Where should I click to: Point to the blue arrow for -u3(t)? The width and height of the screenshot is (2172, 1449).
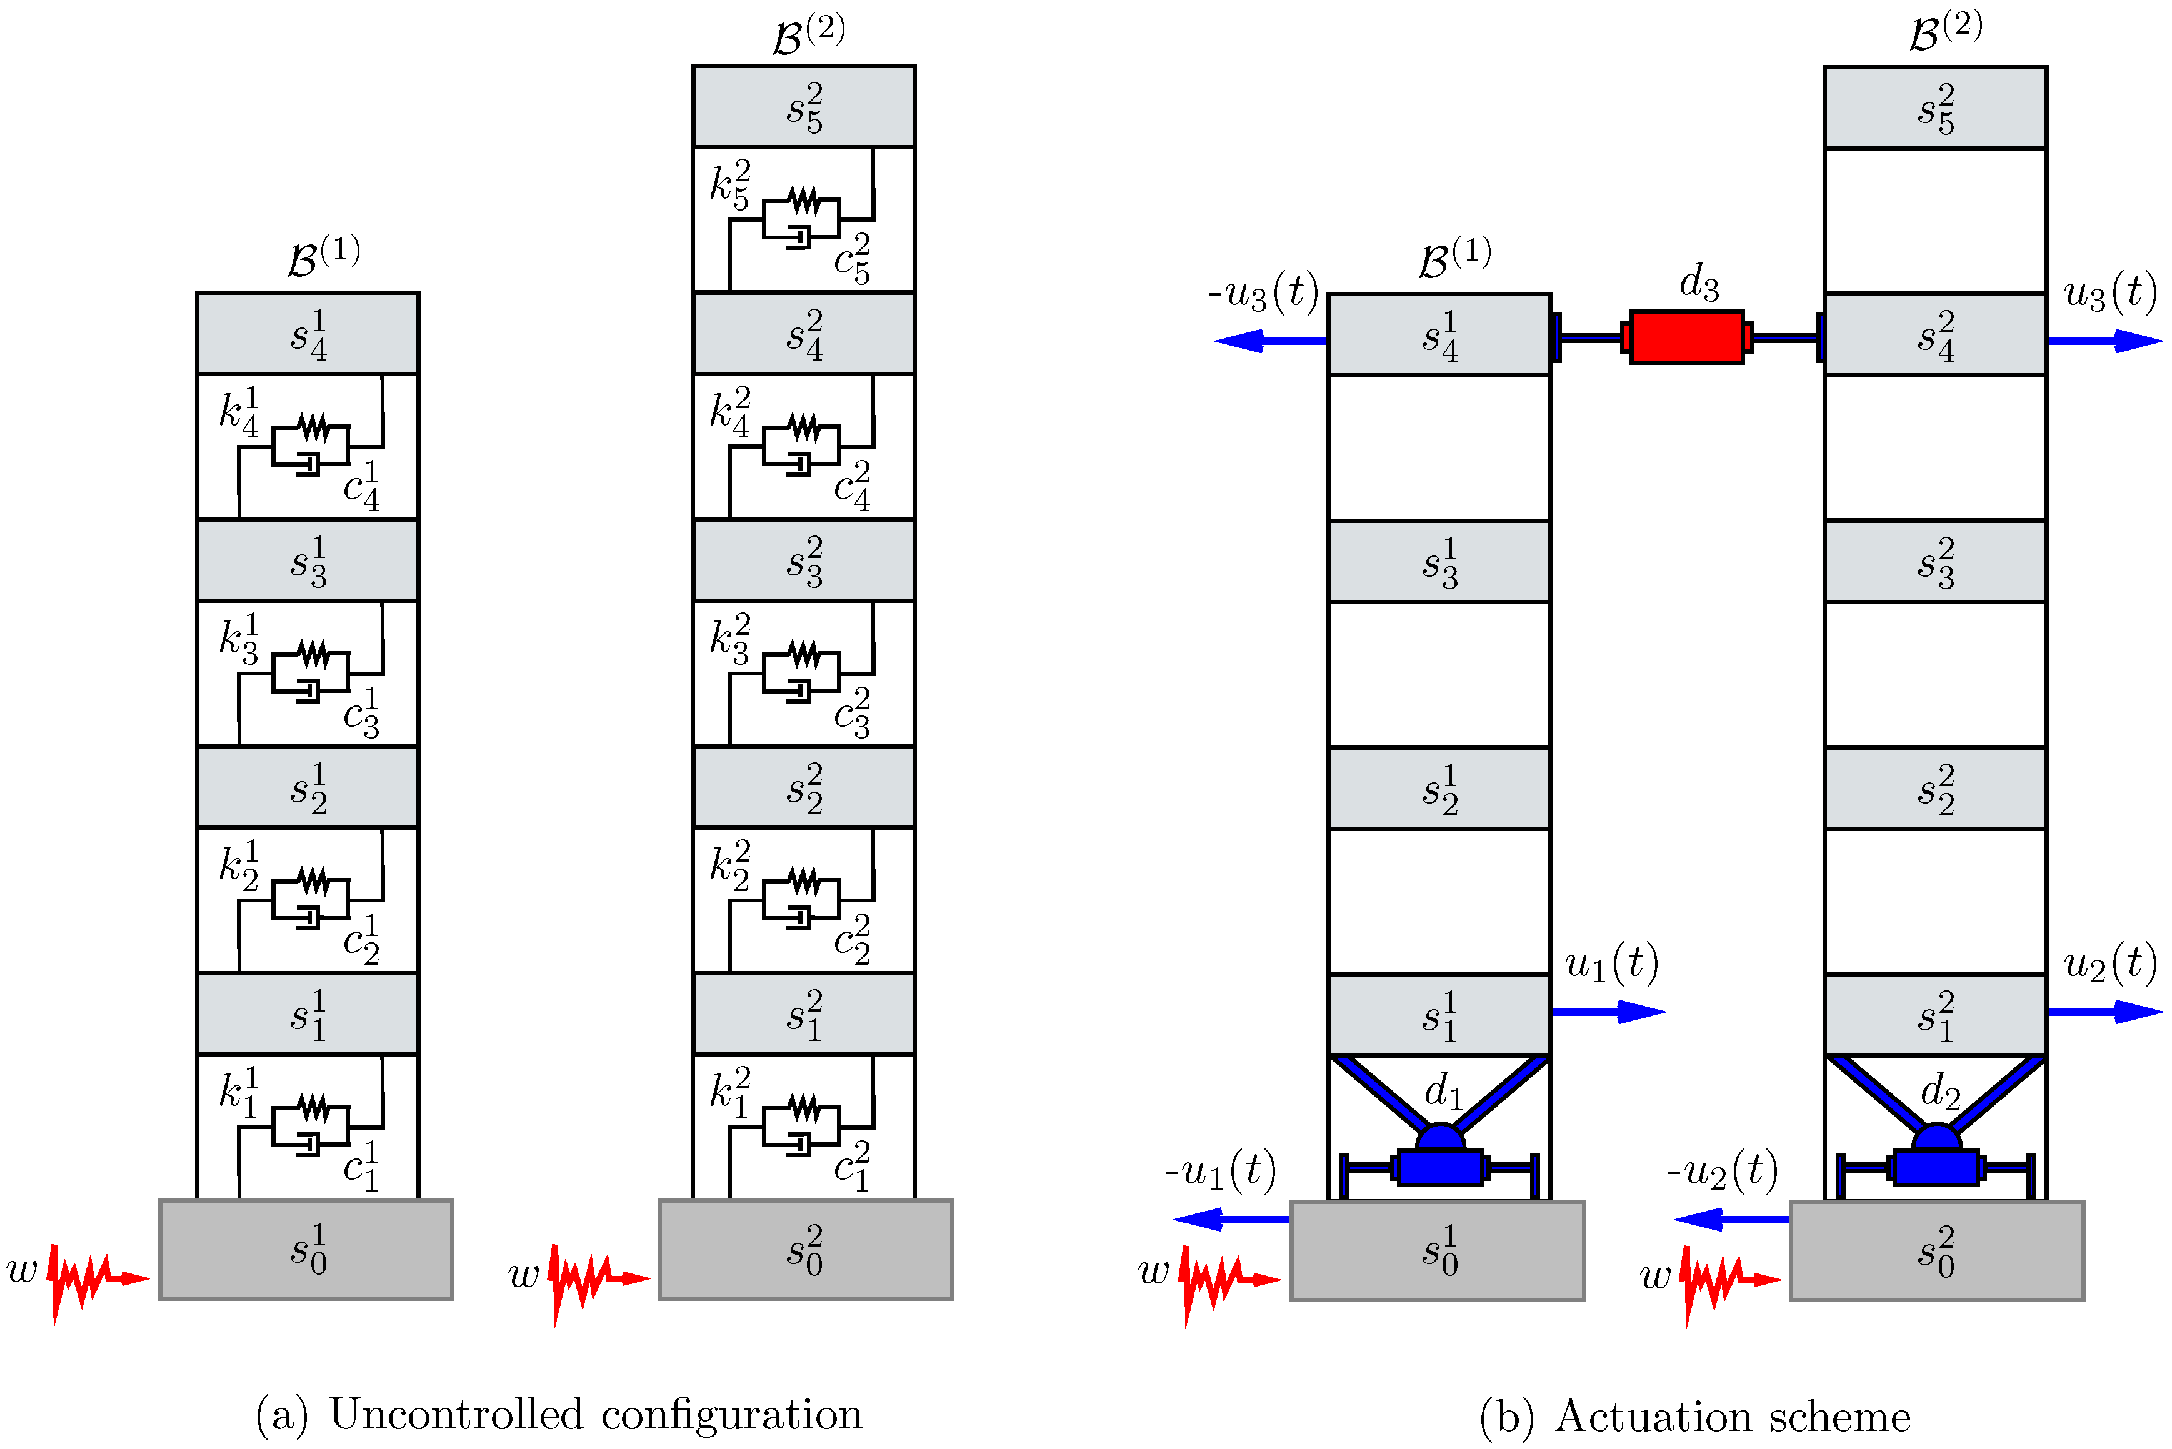[x=1271, y=341]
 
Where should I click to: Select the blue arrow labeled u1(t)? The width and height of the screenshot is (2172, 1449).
[x=1608, y=1012]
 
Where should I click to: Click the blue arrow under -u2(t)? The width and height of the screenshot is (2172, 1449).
[x=1730, y=1220]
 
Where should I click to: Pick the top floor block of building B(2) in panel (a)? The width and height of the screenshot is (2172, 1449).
[x=803, y=106]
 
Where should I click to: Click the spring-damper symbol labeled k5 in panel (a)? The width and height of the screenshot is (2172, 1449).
[x=801, y=218]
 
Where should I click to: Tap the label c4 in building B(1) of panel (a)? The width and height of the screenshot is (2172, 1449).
[x=361, y=486]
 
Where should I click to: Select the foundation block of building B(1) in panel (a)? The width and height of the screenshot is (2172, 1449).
[x=306, y=1250]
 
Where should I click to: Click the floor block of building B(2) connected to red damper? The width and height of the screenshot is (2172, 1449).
[x=1934, y=334]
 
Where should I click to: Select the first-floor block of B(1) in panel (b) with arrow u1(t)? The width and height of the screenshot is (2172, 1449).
[x=1438, y=1015]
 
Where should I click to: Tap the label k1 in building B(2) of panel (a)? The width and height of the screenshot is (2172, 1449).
[x=729, y=1092]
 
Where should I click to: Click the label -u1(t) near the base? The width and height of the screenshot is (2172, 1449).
[x=1220, y=1172]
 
